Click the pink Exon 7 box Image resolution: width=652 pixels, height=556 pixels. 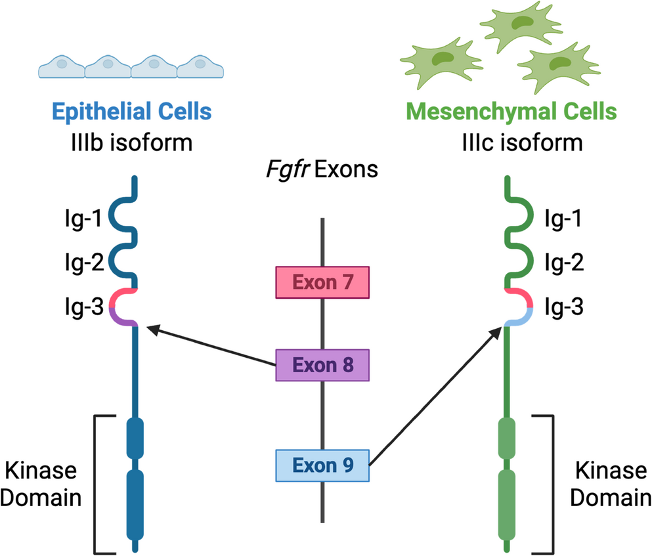[x=322, y=283]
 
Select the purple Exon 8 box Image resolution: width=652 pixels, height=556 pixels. [x=322, y=365]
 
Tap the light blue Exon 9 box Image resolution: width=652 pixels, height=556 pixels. [x=322, y=465]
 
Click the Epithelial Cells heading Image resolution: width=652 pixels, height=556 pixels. [x=132, y=111]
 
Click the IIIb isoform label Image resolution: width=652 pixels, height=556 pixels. [x=132, y=142]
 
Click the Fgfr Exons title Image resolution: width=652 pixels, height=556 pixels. [x=322, y=170]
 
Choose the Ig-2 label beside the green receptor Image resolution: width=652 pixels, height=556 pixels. [x=565, y=263]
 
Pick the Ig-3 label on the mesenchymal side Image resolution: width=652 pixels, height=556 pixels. [x=565, y=306]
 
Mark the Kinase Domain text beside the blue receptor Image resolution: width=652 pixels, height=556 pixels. [x=41, y=484]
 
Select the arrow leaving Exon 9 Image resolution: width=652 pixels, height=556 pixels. [x=433, y=397]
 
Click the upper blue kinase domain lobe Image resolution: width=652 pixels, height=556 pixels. [x=134, y=437]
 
